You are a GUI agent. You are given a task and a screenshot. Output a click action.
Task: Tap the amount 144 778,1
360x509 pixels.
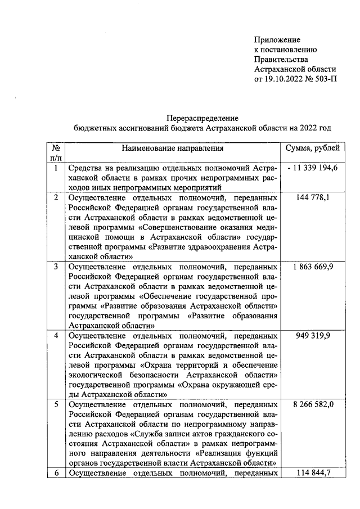tap(312, 197)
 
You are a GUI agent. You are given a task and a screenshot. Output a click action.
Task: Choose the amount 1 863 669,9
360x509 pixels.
tap(312, 266)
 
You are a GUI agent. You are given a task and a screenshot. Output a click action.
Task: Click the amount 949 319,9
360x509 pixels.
tap(312, 335)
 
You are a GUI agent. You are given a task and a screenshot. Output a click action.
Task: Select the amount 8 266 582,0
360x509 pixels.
tap(312, 404)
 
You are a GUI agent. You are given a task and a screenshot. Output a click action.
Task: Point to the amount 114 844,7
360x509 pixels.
tap(312, 473)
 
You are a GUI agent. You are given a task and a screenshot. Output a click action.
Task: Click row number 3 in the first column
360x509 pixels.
tap(56, 266)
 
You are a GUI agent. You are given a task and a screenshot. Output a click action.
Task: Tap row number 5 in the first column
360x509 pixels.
tap(56, 404)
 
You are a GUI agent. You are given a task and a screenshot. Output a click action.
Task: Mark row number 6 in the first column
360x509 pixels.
tap(56, 473)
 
